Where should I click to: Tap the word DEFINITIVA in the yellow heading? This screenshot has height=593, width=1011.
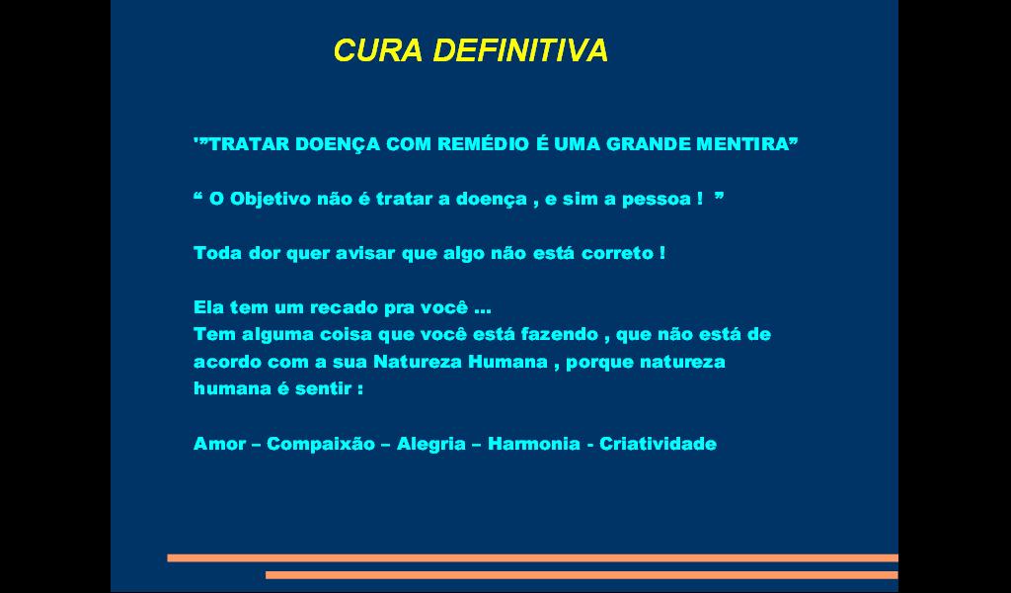pos(520,50)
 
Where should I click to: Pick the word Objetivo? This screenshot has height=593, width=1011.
pos(271,200)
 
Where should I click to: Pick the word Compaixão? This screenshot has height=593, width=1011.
pos(321,445)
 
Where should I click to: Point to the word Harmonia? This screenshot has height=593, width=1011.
pos(534,444)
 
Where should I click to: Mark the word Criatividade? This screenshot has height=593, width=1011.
pos(658,444)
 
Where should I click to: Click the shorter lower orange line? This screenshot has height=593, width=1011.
pos(582,575)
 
